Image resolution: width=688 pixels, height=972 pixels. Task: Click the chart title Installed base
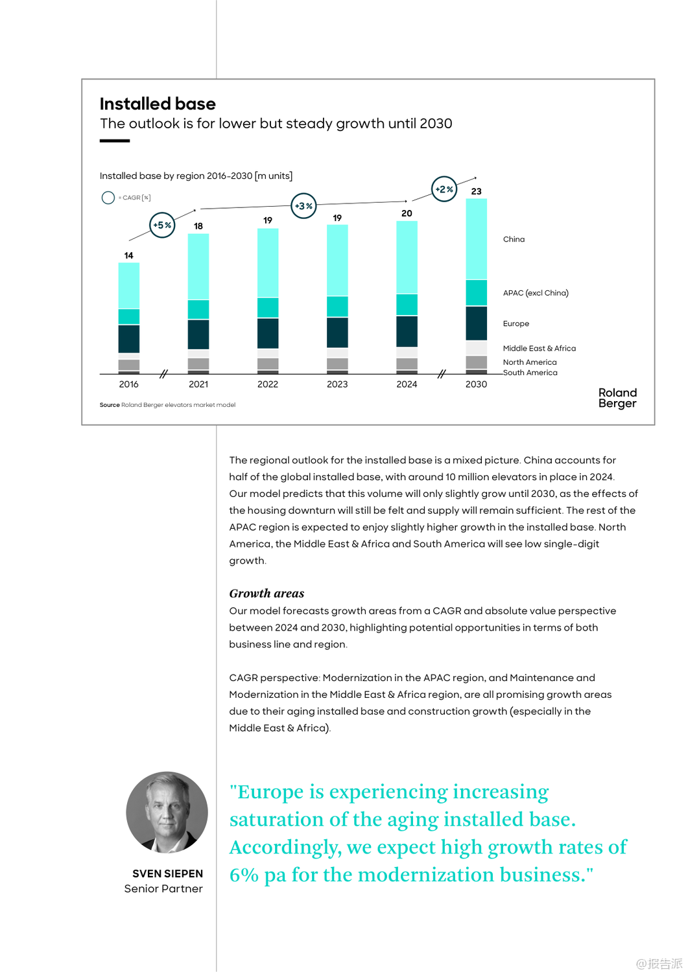pos(158,104)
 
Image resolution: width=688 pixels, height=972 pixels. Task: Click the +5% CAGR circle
pos(162,225)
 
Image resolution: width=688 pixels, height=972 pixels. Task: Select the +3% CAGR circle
pos(303,206)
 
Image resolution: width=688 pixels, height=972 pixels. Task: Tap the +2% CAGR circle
pos(444,189)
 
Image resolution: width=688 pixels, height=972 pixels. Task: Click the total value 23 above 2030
pos(476,191)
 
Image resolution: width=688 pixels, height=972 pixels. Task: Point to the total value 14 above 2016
pos(128,255)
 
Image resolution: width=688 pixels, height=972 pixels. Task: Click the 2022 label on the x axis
pos(267,384)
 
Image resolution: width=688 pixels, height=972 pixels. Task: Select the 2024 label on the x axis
pos(407,384)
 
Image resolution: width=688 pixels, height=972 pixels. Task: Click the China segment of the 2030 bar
pos(476,239)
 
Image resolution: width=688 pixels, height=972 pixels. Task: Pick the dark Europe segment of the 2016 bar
pos(128,338)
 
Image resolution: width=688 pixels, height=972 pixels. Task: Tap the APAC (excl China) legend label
pos(536,293)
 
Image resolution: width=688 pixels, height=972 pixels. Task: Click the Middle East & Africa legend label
pos(539,348)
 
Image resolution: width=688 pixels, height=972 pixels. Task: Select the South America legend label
pos(530,373)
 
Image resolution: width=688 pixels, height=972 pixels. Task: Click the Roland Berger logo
pos(617,398)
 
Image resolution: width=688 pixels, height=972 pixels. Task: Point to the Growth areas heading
pos(267,593)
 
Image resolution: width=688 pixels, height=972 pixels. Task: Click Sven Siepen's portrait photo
pos(167,812)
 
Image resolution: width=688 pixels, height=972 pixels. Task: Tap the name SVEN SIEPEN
pos(167,874)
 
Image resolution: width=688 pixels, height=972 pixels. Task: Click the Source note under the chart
pos(167,405)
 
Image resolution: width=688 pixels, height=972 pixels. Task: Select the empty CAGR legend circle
pos(108,198)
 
